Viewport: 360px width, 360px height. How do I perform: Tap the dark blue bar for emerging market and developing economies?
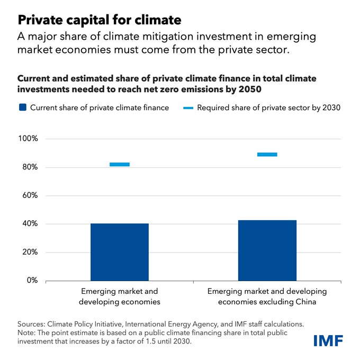(119, 252)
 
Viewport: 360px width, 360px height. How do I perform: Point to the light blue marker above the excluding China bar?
(267, 155)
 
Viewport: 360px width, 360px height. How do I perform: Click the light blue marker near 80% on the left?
(119, 164)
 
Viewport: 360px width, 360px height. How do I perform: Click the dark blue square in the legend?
(22, 107)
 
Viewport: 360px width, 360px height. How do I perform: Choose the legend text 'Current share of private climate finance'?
(100, 107)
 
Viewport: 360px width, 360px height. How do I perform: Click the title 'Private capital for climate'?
(100, 20)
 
